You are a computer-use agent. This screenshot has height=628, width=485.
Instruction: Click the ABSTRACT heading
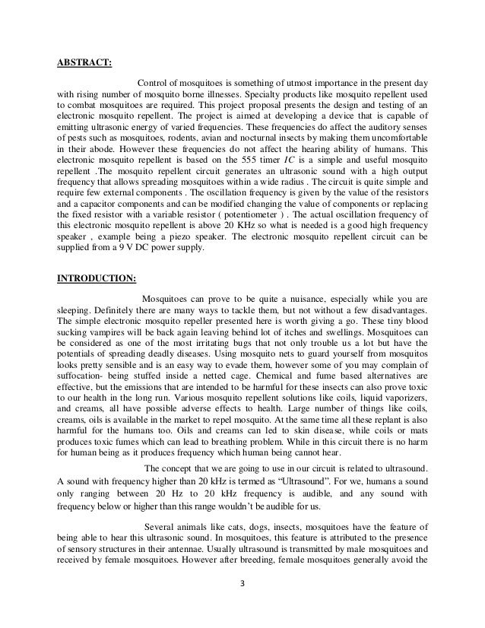pos(86,64)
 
